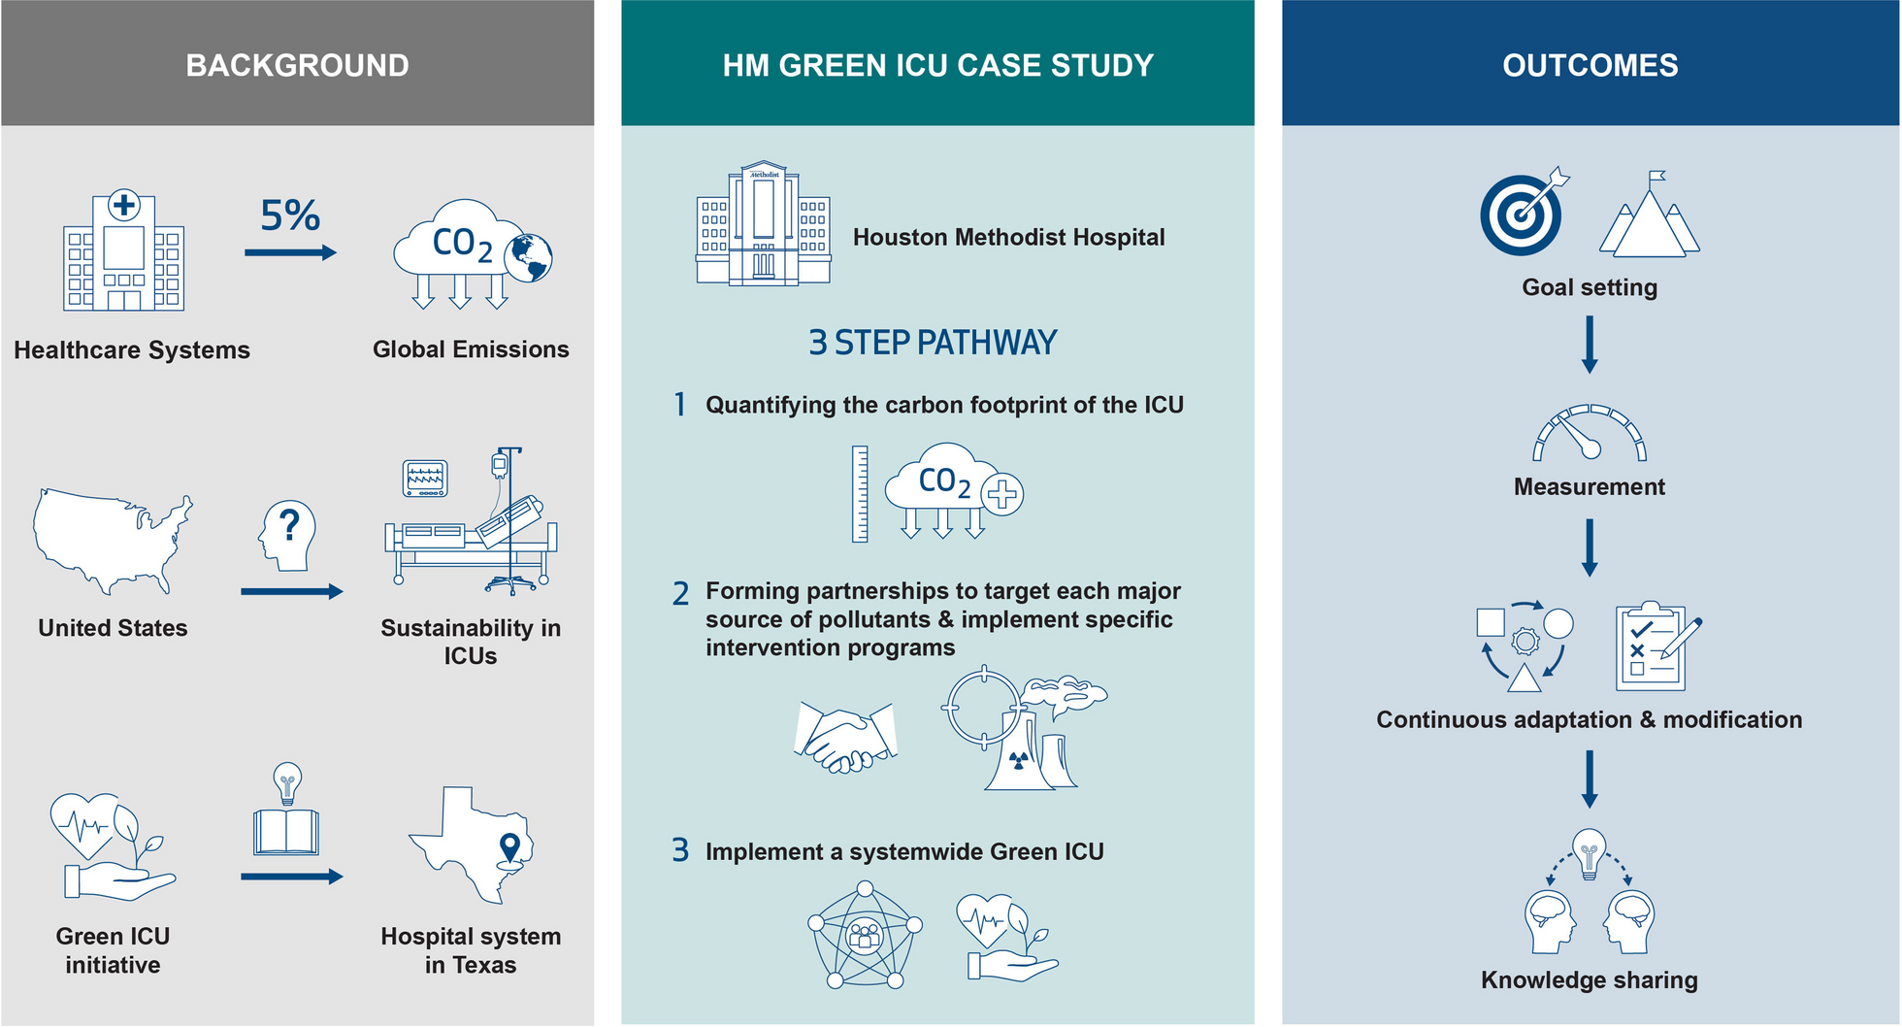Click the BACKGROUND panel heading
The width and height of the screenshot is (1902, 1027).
[297, 65]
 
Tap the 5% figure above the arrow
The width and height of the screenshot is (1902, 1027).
[289, 215]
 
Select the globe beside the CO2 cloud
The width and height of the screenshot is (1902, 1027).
[528, 258]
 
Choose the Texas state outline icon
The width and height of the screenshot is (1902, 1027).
[472, 845]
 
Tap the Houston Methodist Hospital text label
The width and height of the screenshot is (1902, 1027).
[1008, 237]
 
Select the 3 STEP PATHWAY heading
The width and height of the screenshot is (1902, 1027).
[933, 343]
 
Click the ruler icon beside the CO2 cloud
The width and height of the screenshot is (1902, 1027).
[860, 493]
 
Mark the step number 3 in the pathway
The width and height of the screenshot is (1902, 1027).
[680, 850]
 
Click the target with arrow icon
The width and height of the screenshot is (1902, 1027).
[1524, 212]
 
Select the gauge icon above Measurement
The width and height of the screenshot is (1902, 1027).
[1590, 433]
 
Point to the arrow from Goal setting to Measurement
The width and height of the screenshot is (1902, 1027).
[1590, 345]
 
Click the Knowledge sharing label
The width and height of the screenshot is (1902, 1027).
[1590, 980]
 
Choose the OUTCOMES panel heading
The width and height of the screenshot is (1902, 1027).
[1590, 65]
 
